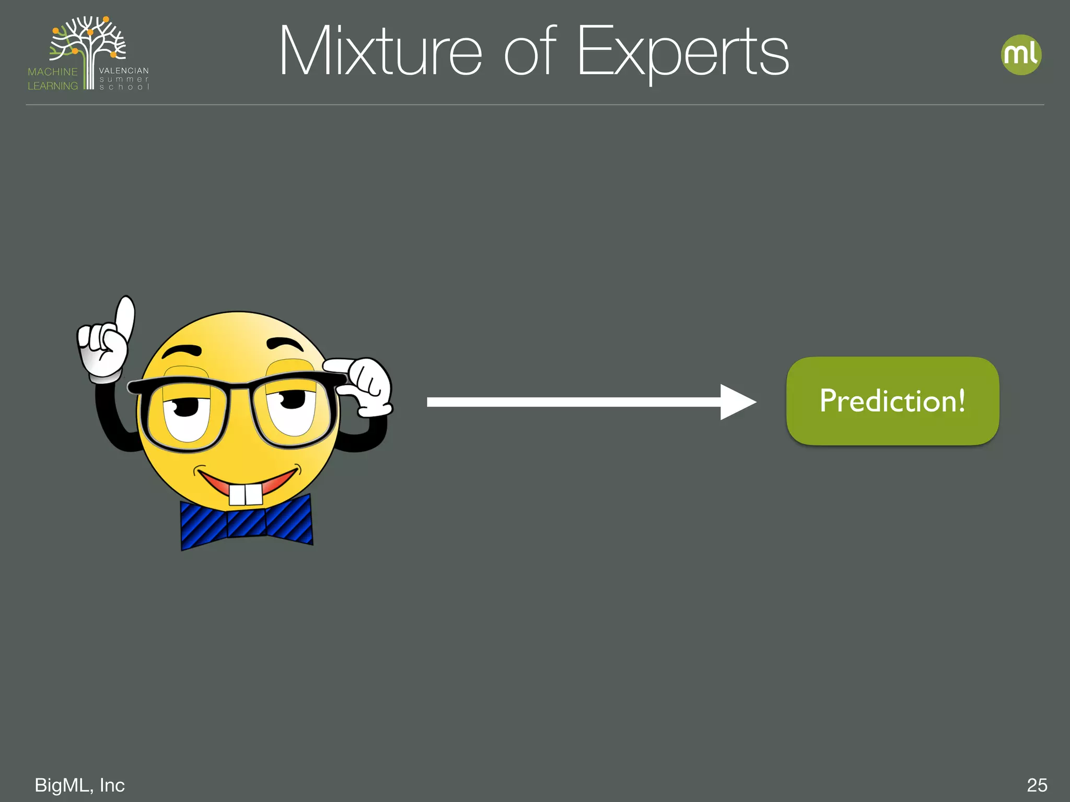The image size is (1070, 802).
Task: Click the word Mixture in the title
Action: tap(380, 52)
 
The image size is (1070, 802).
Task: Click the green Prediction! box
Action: tap(892, 401)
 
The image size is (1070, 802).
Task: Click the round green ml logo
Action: tap(1021, 55)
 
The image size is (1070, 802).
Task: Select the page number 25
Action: tap(1037, 785)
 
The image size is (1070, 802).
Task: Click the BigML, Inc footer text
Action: tap(79, 785)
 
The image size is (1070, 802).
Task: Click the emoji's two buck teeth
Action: tap(246, 494)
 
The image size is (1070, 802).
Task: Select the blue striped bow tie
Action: tap(246, 522)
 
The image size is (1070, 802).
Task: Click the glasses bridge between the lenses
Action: tap(239, 387)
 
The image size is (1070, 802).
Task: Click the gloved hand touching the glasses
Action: tap(369, 386)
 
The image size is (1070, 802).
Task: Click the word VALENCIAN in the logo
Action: tap(124, 70)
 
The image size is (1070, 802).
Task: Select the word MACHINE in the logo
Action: tap(53, 72)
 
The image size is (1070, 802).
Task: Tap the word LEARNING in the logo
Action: tap(53, 86)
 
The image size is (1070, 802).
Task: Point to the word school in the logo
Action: tap(124, 87)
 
